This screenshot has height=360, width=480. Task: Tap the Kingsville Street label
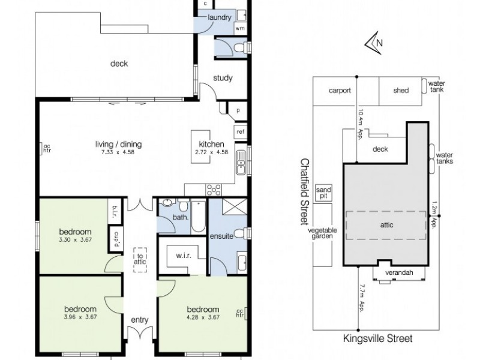(x=377, y=339)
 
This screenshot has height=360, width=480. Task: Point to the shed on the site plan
(x=401, y=91)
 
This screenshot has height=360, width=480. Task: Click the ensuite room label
(x=221, y=236)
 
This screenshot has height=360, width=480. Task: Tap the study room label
(x=223, y=78)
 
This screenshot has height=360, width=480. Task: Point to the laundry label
(x=219, y=17)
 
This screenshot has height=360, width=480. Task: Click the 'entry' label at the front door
(x=139, y=320)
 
